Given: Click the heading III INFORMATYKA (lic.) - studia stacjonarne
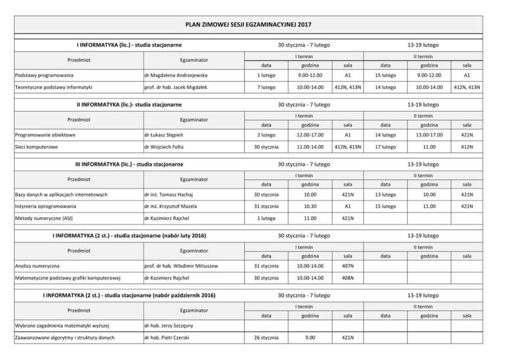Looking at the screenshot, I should (x=128, y=164).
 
